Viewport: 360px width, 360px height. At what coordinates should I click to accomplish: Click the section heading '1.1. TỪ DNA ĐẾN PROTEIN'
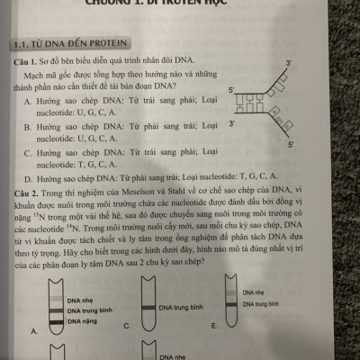pos(72,43)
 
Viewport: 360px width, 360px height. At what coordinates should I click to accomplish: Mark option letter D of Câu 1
pos(29,178)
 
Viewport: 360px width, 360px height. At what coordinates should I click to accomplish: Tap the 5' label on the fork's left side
pos(231,91)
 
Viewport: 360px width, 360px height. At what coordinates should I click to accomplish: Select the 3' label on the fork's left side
pos(231,123)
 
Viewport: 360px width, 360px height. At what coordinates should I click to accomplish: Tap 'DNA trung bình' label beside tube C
pos(181,308)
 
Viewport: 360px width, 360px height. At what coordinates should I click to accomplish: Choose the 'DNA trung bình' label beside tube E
pos(262,305)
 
